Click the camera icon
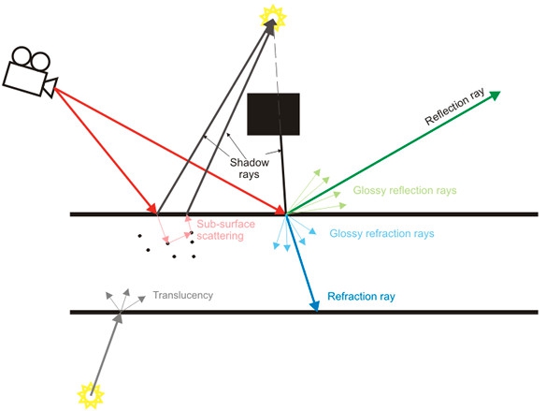(29, 70)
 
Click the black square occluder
(273, 114)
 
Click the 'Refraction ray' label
(361, 297)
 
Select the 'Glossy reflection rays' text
(404, 191)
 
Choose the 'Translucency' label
(183, 296)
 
